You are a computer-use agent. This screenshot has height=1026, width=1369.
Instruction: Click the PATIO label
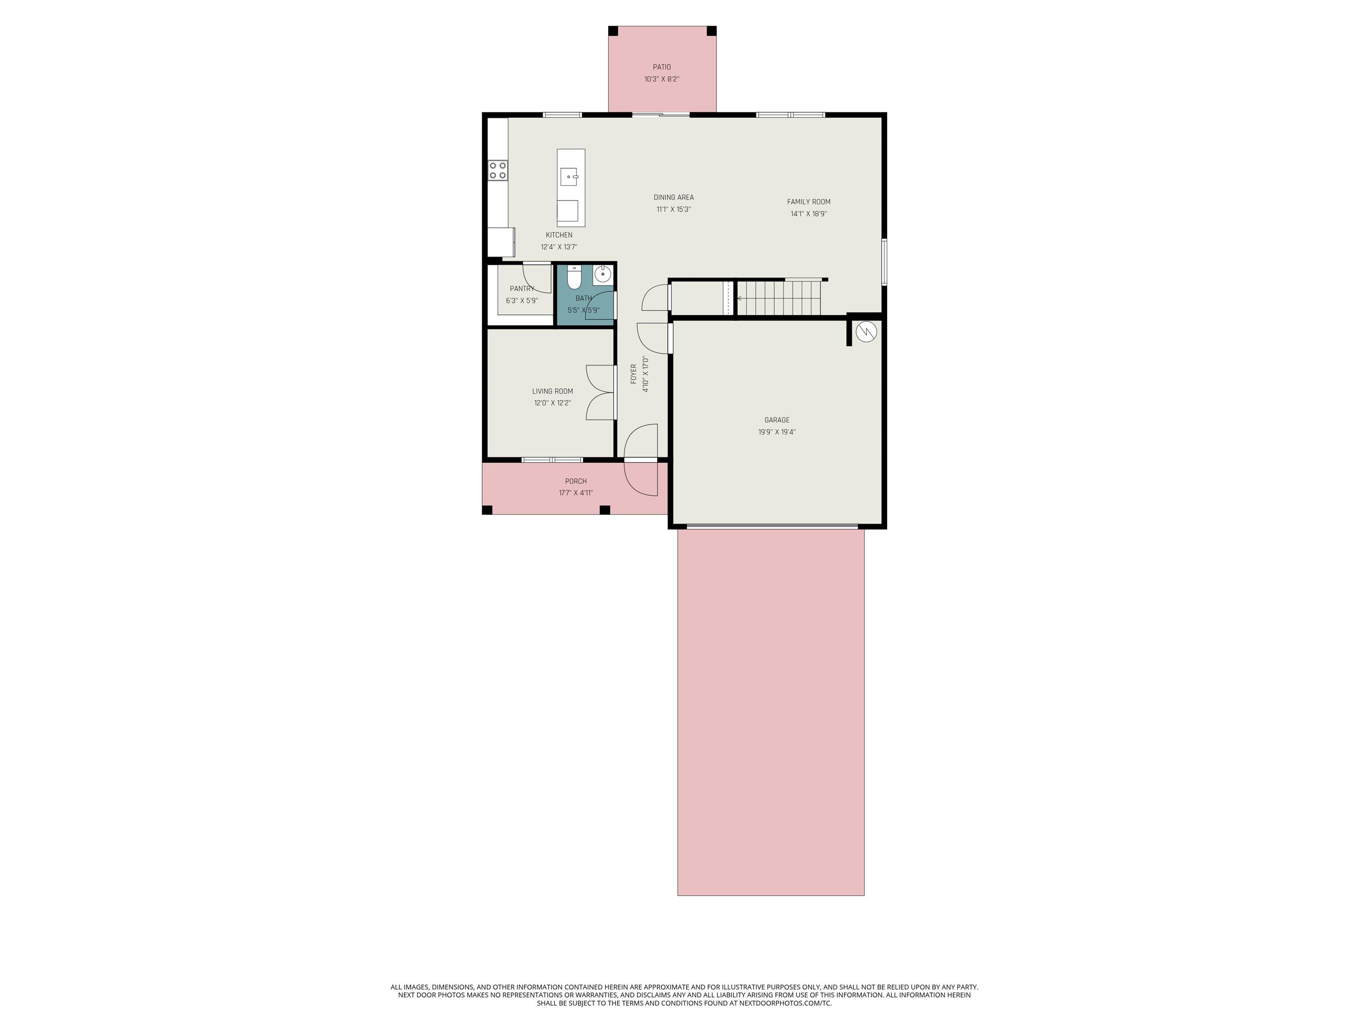point(662,67)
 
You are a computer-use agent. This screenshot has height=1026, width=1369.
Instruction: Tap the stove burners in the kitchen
point(498,170)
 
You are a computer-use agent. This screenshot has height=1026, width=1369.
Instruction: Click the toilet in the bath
point(574,279)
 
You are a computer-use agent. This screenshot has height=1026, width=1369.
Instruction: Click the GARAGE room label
point(777,420)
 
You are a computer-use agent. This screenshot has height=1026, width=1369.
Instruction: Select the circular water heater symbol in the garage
point(866,332)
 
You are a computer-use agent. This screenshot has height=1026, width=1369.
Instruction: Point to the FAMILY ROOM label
point(808,202)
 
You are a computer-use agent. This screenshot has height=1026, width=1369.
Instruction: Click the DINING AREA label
point(673,197)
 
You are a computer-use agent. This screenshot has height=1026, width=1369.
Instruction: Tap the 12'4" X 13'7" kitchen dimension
point(559,247)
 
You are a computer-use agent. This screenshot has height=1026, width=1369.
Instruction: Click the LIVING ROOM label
point(553,391)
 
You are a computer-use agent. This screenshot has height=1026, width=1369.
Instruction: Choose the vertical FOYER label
point(634,374)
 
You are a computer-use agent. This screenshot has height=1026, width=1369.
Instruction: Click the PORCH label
point(576,481)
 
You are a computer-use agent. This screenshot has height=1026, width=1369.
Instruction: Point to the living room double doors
point(600,393)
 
